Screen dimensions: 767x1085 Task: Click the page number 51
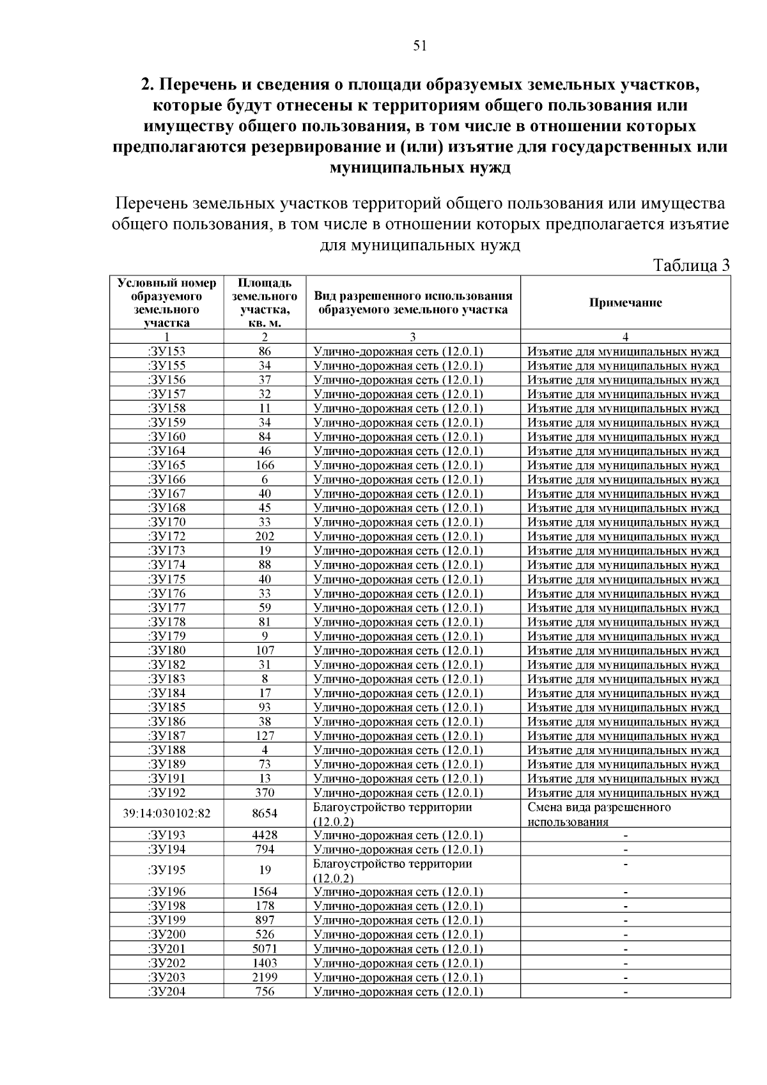(420, 45)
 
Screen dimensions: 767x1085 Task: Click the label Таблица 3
(691, 266)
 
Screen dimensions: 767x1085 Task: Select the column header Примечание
(625, 303)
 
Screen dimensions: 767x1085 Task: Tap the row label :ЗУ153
(166, 351)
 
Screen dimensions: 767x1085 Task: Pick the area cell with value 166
(265, 465)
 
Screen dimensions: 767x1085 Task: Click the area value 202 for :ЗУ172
(265, 536)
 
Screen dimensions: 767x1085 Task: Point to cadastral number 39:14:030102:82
(166, 813)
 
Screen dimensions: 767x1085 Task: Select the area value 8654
(265, 813)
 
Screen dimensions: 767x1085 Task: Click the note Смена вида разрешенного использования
(599, 814)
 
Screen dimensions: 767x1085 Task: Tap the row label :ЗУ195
(166, 870)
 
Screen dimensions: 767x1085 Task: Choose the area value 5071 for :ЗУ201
(265, 949)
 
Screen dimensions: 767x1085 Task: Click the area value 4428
(265, 835)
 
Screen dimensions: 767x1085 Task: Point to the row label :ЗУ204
(166, 992)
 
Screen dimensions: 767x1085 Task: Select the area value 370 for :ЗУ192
(265, 793)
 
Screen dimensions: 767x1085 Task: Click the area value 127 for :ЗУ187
(265, 735)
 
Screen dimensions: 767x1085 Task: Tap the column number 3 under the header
(413, 337)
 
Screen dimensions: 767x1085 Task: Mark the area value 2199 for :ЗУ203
(265, 977)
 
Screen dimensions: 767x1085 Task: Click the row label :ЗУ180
(166, 650)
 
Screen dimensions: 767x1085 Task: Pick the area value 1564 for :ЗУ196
(265, 892)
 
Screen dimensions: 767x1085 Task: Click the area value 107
(265, 650)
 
